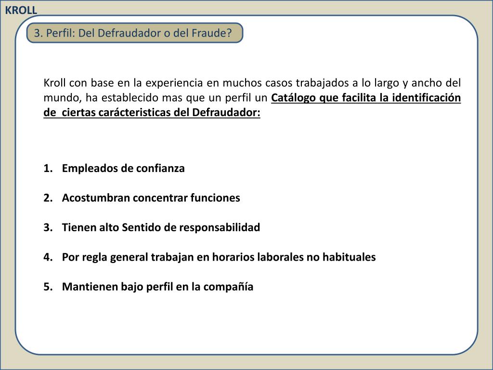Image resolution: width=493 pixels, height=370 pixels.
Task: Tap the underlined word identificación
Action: coord(427,98)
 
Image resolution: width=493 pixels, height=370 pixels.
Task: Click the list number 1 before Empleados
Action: coord(47,169)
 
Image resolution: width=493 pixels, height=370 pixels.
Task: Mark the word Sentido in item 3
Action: coord(142,227)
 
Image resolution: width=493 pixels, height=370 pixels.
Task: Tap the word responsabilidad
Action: coord(220,227)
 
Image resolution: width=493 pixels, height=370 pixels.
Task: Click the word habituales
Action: coord(349,257)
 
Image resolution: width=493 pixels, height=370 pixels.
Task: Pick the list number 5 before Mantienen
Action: coord(47,287)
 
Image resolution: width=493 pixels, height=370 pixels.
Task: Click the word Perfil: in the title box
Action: coord(61,33)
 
